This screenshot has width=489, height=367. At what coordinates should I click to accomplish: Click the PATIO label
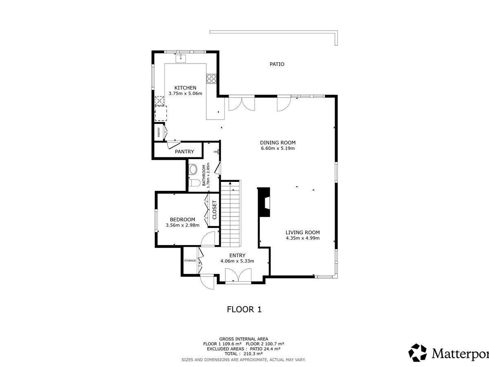click(277, 64)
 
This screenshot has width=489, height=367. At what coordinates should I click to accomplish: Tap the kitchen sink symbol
click(181, 58)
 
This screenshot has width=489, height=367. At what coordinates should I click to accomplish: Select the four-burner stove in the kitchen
click(211, 78)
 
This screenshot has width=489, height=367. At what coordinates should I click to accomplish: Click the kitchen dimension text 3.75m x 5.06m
click(185, 94)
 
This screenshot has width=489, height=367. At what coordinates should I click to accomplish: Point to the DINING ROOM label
click(278, 143)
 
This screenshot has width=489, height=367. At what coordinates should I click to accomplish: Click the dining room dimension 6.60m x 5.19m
click(278, 148)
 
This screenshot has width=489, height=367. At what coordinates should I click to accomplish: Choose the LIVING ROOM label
click(302, 232)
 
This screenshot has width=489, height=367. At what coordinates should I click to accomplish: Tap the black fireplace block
click(264, 202)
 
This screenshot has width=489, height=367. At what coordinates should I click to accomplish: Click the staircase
click(231, 213)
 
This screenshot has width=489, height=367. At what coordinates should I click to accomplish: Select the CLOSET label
click(214, 210)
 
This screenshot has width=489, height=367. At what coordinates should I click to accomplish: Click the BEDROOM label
click(183, 219)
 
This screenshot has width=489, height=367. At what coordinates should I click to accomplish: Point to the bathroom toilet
click(194, 183)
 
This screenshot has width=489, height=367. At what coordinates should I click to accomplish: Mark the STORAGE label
click(190, 261)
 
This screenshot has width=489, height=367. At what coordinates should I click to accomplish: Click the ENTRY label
click(237, 255)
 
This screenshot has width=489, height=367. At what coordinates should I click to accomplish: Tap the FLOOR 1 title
click(244, 309)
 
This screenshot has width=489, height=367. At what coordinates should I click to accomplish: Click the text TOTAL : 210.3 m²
click(244, 354)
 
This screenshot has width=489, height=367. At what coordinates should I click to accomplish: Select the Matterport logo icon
click(417, 353)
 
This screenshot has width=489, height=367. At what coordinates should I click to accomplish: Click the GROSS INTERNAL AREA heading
click(244, 339)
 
